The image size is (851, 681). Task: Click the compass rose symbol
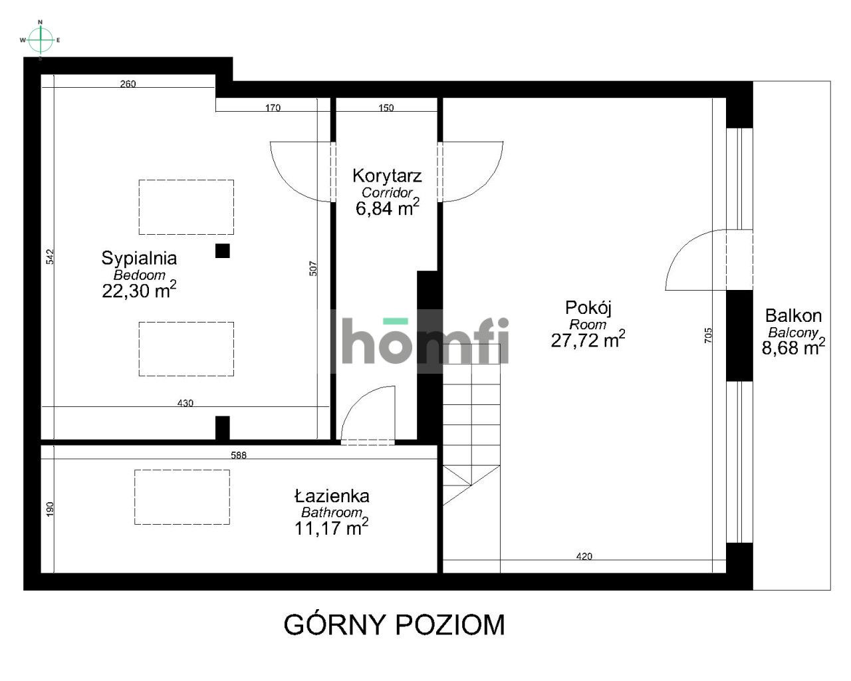coord(41,40)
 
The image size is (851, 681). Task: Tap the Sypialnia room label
coord(139,257)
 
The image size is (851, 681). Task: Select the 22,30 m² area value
coord(139,290)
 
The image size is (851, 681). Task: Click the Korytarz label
coord(387,176)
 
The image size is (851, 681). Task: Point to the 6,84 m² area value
coord(387,208)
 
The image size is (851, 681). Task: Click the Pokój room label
coord(588,307)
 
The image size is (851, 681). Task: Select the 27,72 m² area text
coord(588,340)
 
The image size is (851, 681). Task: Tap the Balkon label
coord(793,316)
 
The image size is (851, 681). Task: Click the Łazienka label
coord(332,496)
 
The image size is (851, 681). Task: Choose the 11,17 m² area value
coord(332,528)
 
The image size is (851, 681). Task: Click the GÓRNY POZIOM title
coord(394,625)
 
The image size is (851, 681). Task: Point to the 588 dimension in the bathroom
coord(239,456)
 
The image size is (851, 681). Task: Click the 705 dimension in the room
coord(707,335)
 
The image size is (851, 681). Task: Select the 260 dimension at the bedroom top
coord(128,84)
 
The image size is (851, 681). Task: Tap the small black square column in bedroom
coord(223,251)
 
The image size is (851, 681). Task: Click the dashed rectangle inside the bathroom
coord(182,497)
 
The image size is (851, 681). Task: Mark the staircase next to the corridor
coord(471,432)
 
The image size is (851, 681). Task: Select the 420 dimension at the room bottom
coord(584,557)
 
